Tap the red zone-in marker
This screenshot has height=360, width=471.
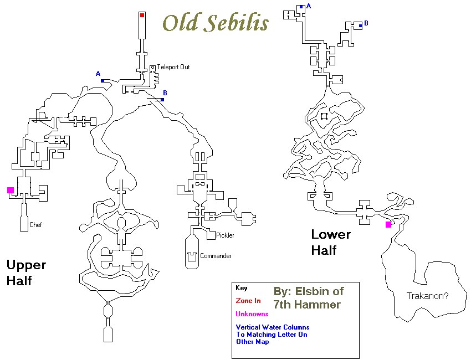142,16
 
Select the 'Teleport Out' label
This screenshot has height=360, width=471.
173,67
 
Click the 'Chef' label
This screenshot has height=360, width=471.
35,225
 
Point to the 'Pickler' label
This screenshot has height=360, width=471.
225,235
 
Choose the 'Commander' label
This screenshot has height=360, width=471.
216,256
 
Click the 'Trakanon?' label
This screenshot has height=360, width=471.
427,296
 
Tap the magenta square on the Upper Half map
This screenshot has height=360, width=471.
11,190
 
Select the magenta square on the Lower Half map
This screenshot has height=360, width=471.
388,224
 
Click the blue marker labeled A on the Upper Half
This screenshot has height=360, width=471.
103,81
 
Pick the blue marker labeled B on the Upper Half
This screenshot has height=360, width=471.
162,100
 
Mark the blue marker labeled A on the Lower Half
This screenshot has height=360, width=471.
301,7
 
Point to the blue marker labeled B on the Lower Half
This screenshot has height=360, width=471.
360,25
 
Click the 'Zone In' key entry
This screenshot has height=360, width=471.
248,301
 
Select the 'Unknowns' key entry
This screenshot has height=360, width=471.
252,314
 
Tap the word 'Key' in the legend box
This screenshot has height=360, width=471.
241,288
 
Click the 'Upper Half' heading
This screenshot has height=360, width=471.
26,272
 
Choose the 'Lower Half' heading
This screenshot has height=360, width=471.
331,242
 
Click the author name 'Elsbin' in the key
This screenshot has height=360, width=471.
314,291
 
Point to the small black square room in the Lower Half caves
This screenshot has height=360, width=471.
324,116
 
